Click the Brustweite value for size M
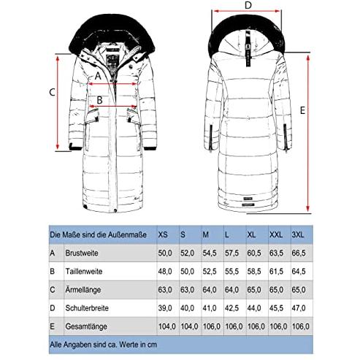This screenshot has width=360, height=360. tap(210, 253)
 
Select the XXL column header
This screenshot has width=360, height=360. tap(276, 235)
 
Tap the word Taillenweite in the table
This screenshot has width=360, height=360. tap(84, 272)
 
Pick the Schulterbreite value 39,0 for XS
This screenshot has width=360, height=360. tap(165, 308)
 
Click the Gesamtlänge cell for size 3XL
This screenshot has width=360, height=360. tap(301, 326)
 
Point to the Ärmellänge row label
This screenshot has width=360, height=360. tap(83, 290)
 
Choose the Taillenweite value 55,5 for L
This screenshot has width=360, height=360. tap(231, 272)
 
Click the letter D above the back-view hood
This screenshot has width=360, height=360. tap(248, 5)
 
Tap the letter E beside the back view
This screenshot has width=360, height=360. tap(302, 110)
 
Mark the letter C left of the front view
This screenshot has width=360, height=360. tap(52, 93)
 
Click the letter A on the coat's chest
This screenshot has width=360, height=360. tap(98, 76)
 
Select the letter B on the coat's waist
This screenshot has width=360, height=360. tap(99, 100)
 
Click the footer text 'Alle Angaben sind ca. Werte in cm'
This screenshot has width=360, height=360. tap(104, 345)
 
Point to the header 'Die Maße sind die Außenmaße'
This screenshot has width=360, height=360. tap(99, 235)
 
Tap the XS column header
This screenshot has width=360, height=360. tap(163, 235)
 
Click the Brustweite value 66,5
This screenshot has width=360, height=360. tap(299, 253)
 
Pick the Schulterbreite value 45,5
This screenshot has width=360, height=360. tap(276, 308)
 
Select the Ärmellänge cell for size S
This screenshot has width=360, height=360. tap(187, 290)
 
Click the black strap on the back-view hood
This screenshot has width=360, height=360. tap(248, 49)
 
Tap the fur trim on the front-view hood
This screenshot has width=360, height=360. tap(112, 31)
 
